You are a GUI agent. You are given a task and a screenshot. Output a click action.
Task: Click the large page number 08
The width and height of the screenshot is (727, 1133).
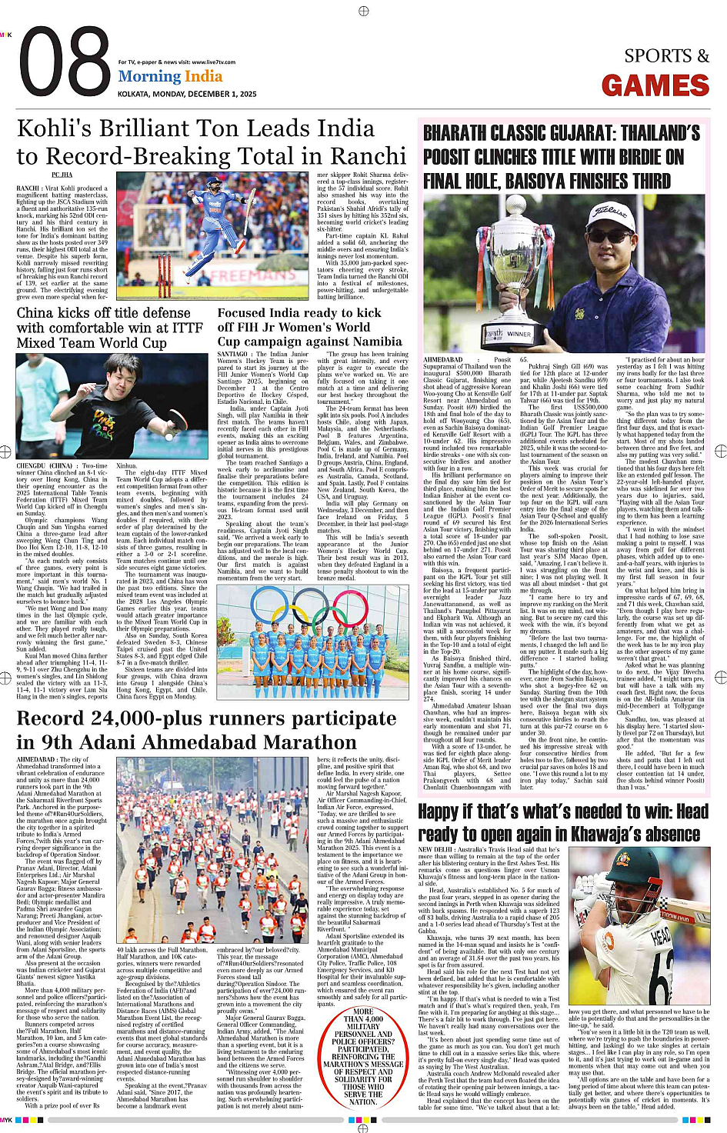tap(65, 64)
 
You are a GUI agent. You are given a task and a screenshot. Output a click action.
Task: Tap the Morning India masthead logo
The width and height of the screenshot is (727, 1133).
tap(170, 76)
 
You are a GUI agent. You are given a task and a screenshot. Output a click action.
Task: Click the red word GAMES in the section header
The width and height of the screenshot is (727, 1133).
tap(655, 85)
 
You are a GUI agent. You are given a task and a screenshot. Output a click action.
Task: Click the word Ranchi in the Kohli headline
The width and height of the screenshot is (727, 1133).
tap(362, 156)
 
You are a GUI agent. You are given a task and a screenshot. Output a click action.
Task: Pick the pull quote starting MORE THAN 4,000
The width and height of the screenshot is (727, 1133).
tap(362, 1056)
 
